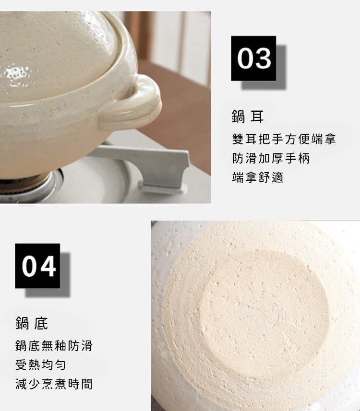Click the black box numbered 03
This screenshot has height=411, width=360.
(x=253, y=58)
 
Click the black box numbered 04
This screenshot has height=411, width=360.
(x=37, y=266)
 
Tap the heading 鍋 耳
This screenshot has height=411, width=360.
(x=248, y=117)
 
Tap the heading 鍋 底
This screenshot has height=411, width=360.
(x=32, y=323)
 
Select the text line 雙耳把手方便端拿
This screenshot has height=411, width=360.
(x=284, y=139)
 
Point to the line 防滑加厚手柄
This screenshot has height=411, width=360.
(x=271, y=158)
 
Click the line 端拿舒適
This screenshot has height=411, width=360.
(x=258, y=177)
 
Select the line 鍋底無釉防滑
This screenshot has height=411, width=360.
(x=54, y=346)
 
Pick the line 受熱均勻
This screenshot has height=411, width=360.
(x=41, y=365)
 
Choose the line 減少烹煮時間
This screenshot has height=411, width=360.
(x=54, y=384)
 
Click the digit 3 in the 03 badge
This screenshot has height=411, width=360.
(x=263, y=58)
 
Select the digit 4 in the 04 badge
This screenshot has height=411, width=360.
(x=47, y=266)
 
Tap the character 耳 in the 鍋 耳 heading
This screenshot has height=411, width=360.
(x=257, y=117)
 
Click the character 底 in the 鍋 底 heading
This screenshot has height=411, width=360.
(x=41, y=323)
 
